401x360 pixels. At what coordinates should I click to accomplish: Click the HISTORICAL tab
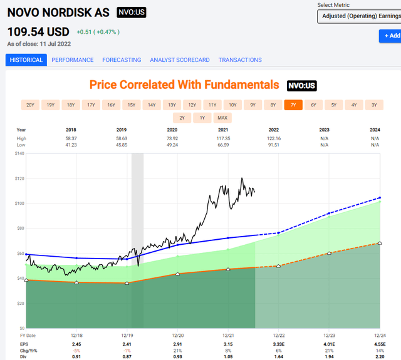[x=26, y=60]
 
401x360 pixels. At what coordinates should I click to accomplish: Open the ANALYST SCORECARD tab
[x=180, y=60]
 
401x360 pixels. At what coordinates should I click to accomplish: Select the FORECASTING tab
[x=122, y=60]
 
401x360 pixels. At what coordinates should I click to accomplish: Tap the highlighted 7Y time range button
[x=293, y=105]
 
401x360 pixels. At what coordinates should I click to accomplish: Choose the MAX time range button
[x=222, y=118]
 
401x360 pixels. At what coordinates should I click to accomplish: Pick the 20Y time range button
[x=30, y=105]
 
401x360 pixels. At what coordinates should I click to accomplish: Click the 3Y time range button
[x=374, y=105]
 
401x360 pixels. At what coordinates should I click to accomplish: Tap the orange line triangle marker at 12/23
[x=329, y=253]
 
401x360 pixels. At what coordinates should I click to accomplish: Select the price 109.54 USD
[x=38, y=31]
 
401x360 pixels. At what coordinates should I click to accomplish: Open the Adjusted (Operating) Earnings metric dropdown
[x=358, y=16]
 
